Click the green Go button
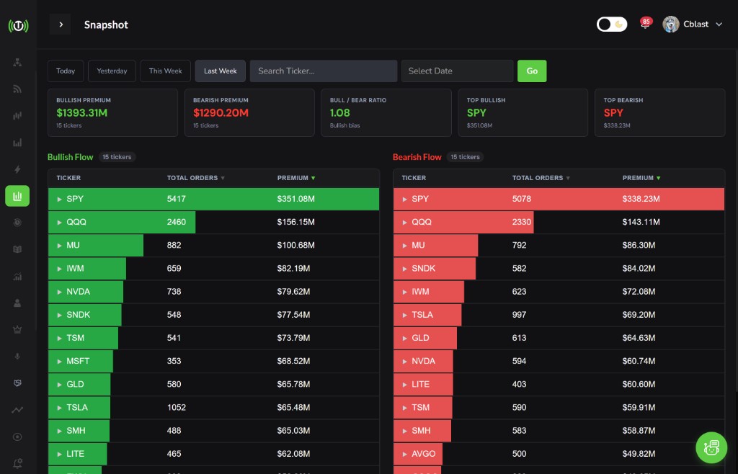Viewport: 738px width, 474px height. pyautogui.click(x=532, y=71)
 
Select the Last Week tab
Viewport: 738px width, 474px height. pyautogui.click(x=220, y=71)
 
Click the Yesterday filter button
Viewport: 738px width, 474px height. pyautogui.click(x=112, y=71)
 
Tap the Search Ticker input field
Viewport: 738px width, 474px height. pyautogui.click(x=324, y=71)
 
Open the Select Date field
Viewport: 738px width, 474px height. pyautogui.click(x=457, y=71)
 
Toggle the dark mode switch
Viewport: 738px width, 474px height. pyautogui.click(x=612, y=24)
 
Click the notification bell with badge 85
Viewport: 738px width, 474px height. pyautogui.click(x=645, y=24)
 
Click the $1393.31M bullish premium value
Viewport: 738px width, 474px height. pyautogui.click(x=82, y=112)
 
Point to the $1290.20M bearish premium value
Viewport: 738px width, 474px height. pyautogui.click(x=221, y=112)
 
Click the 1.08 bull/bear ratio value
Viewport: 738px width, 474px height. pyautogui.click(x=340, y=112)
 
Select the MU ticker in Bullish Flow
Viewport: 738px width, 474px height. pyautogui.click(x=73, y=245)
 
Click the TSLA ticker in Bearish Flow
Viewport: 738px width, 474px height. pyautogui.click(x=422, y=315)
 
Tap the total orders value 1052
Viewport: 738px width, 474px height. pyautogui.click(x=177, y=407)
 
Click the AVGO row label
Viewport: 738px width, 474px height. pyautogui.click(x=424, y=454)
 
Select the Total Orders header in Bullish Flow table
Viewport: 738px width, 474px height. pyautogui.click(x=193, y=178)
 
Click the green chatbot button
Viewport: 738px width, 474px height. pyautogui.click(x=711, y=447)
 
